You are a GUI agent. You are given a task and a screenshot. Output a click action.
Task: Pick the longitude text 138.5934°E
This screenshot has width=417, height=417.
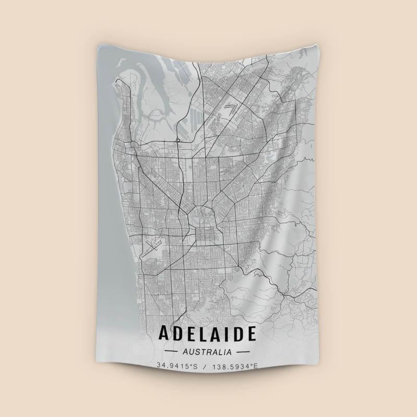click(x=234, y=366)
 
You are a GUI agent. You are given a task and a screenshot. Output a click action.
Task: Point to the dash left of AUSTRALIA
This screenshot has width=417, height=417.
click(x=171, y=352)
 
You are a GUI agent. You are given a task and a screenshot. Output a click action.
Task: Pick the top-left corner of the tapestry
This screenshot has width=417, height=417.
click(x=97, y=46)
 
